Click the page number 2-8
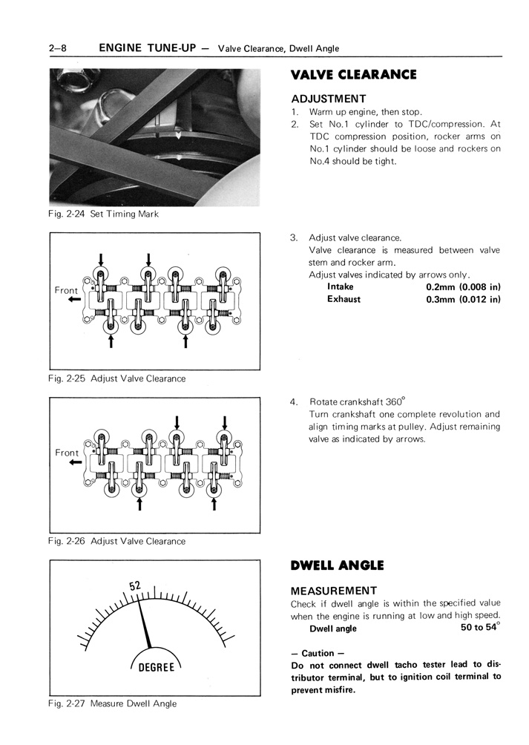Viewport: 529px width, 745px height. coord(58,48)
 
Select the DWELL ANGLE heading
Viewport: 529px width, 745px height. coord(337,565)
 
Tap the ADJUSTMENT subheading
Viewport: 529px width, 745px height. coord(329,99)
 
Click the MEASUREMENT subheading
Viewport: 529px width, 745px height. coord(333,591)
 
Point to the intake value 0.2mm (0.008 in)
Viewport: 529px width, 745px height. coord(463,286)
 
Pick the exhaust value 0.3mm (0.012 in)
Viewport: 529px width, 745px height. coord(463,299)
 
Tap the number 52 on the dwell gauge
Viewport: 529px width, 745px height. coord(135,585)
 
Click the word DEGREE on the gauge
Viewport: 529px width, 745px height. coord(156,667)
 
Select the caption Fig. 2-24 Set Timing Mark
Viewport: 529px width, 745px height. coord(103,214)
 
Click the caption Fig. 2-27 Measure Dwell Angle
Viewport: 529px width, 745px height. coord(113,703)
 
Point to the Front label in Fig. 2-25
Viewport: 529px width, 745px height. coord(67,290)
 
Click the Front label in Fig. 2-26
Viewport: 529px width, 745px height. coord(67,453)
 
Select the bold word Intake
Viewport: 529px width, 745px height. coord(341,286)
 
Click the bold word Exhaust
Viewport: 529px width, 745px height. coord(344,299)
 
